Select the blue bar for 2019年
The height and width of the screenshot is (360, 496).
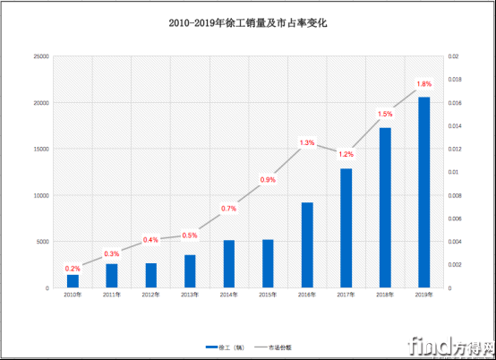pos(423,193)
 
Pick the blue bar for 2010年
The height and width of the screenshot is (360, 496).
pos(73,281)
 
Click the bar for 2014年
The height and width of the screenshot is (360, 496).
pos(229,264)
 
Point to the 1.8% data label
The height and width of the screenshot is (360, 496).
pos(424,85)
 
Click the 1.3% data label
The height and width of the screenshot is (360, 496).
pos(307,142)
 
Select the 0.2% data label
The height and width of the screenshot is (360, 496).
pos(73,269)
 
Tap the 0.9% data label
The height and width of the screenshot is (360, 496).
pos(268,180)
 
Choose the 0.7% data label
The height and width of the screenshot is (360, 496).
pos(229,209)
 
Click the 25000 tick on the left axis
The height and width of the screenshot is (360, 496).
pos(41,56)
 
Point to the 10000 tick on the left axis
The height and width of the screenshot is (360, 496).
pos(41,195)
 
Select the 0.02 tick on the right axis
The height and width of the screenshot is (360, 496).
pos(453,56)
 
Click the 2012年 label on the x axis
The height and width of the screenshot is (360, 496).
pos(150,294)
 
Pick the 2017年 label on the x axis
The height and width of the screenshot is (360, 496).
pos(346,294)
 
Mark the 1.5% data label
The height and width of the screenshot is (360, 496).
pos(385,114)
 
